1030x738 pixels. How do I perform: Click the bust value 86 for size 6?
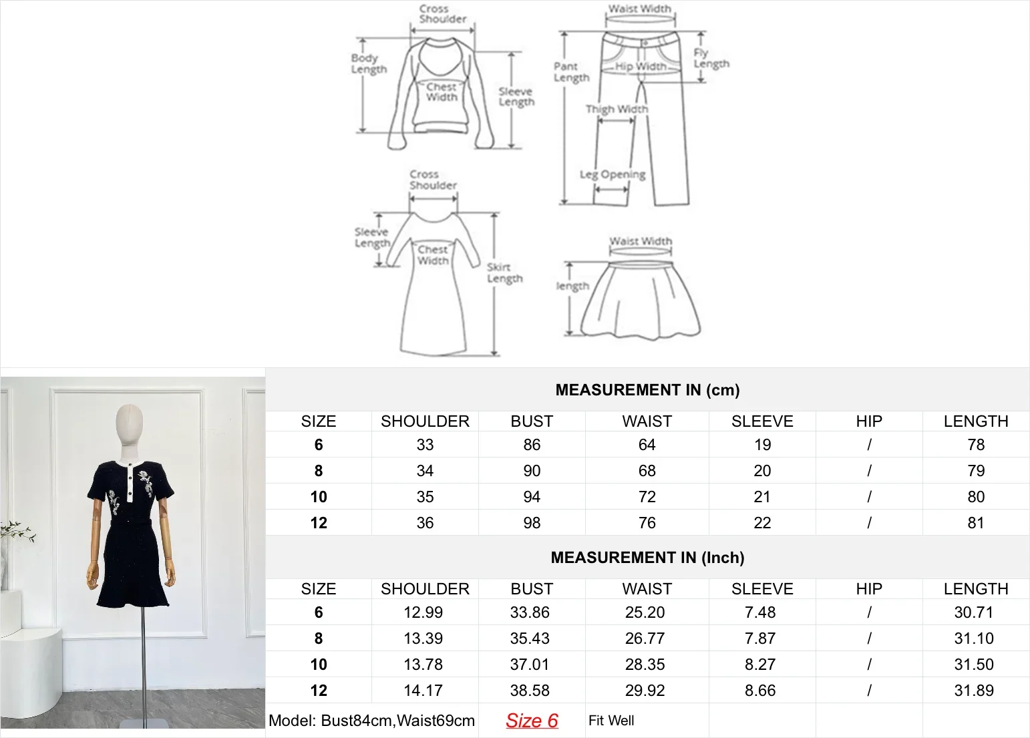click(532, 445)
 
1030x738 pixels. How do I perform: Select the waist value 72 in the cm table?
click(647, 497)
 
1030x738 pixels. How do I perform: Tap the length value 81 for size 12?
click(975, 523)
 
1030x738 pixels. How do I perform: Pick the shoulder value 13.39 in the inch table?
click(423, 638)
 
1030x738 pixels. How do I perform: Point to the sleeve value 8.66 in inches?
click(760, 691)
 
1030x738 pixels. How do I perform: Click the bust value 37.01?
click(530, 665)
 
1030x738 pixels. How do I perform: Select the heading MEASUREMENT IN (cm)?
click(647, 390)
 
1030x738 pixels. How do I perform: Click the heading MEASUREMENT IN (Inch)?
click(647, 558)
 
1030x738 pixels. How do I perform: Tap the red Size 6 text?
click(532, 721)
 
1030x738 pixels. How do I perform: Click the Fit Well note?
click(611, 721)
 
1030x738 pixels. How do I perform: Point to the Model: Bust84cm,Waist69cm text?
click(371, 721)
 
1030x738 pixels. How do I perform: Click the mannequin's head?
click(130, 423)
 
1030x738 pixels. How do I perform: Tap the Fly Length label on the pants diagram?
click(711, 58)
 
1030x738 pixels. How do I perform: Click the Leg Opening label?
click(613, 174)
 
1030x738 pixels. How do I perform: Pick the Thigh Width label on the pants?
click(617, 109)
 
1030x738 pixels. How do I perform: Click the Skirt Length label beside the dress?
click(504, 272)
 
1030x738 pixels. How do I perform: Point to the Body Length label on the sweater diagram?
click(369, 63)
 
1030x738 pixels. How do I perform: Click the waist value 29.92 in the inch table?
click(645, 691)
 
